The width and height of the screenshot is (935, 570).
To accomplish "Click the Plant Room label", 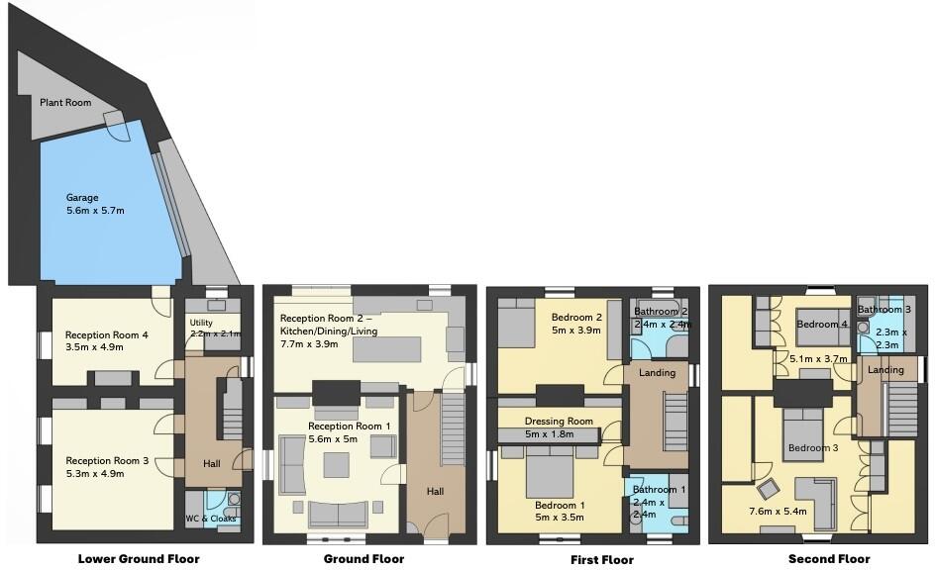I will click(65, 103).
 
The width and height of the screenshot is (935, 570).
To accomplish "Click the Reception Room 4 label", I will click(106, 335).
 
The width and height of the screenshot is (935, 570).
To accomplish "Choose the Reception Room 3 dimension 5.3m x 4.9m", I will click(106, 473).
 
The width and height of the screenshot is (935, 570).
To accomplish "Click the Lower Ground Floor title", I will click(139, 559).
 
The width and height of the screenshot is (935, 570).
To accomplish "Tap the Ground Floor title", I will click(364, 559).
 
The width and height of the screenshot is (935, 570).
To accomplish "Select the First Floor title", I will click(602, 559).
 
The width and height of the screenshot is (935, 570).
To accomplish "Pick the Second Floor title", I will click(829, 559).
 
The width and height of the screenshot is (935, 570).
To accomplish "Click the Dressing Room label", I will click(559, 421).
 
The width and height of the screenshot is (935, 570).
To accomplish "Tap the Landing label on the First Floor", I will click(657, 373).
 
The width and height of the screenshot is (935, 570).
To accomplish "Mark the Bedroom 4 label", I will click(822, 325).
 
